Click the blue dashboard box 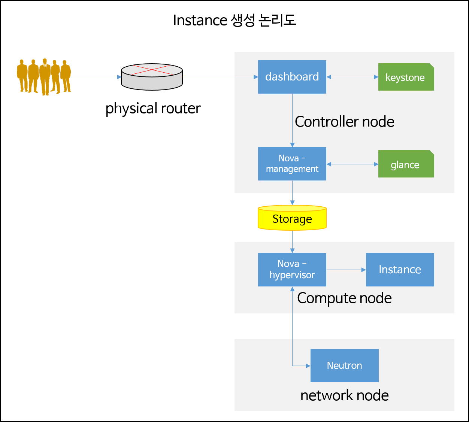tap(292, 77)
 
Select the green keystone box tap(406, 77)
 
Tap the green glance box tap(406, 164)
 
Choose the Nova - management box tap(292, 164)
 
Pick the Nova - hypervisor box tap(292, 270)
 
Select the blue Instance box tap(400, 270)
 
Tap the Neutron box tap(344, 365)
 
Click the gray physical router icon tap(152, 77)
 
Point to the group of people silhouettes tap(44, 77)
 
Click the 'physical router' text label tap(153, 108)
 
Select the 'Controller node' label tap(344, 122)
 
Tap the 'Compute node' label tap(344, 298)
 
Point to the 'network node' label tap(344, 395)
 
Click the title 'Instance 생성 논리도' tap(234, 20)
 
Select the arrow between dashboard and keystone tap(352, 77)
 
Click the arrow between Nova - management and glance tap(352, 164)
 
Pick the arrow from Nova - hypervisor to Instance tap(346, 270)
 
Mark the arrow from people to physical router tap(96, 77)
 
